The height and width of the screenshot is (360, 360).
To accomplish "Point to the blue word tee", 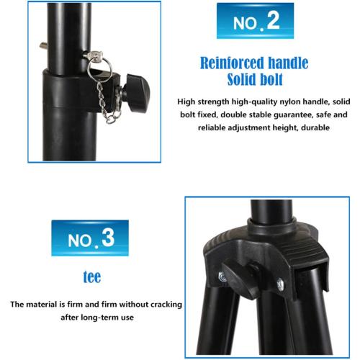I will (90, 276).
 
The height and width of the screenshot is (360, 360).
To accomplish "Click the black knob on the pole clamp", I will (136, 89).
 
